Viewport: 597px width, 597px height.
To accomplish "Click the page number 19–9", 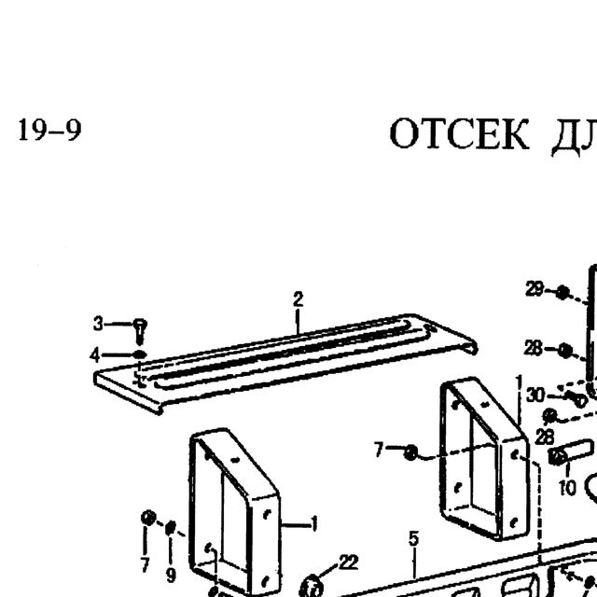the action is pos(49,130).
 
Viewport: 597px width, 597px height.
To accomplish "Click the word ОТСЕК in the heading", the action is pos(459,134).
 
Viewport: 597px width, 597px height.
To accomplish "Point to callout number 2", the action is pos(298,299).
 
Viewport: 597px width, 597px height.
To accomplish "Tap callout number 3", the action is pos(98,324).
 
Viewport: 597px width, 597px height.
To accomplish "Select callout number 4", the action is pos(95,355).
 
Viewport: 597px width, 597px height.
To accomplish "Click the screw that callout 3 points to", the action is pos(140,332).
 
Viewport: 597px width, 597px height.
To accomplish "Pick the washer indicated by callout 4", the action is pos(140,354).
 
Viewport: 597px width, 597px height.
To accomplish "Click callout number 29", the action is pos(535,289).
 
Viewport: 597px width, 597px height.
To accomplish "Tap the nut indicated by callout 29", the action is pos(562,292).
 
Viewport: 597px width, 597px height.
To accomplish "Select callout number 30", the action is pos(535,396).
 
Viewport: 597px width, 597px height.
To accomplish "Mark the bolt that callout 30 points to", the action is pos(576,398).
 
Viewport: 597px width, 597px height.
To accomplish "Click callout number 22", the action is pos(348,562).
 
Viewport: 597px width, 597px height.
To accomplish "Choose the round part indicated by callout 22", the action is pos(312,587).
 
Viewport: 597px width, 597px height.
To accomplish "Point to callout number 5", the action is pos(414,538).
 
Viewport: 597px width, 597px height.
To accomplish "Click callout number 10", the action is pos(567,487).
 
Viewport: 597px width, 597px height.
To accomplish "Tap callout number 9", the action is pos(171,575).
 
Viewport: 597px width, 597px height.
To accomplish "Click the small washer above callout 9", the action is pos(171,527).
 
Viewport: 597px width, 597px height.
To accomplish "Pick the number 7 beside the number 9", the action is pos(145,565).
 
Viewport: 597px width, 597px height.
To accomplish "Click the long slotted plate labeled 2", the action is pos(285,364).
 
